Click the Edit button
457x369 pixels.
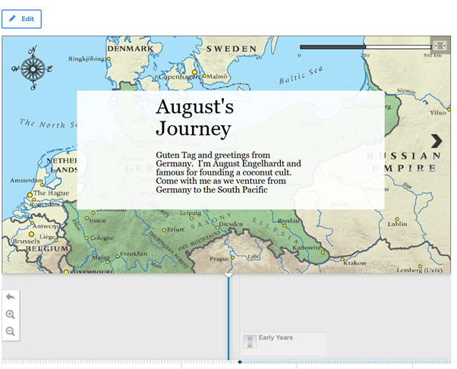coord(21,18)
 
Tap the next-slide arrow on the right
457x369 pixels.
coord(437,141)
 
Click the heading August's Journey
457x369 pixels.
coord(194,118)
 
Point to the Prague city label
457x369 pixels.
coord(219,258)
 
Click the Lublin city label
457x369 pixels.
coord(397,224)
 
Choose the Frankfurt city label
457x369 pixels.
coord(134,254)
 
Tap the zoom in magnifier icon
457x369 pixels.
coord(11,314)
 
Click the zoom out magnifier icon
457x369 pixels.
coord(11,331)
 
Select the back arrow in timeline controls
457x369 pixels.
coord(11,297)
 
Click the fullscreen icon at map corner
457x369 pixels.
coord(440,45)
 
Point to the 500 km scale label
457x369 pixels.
coord(432,55)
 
